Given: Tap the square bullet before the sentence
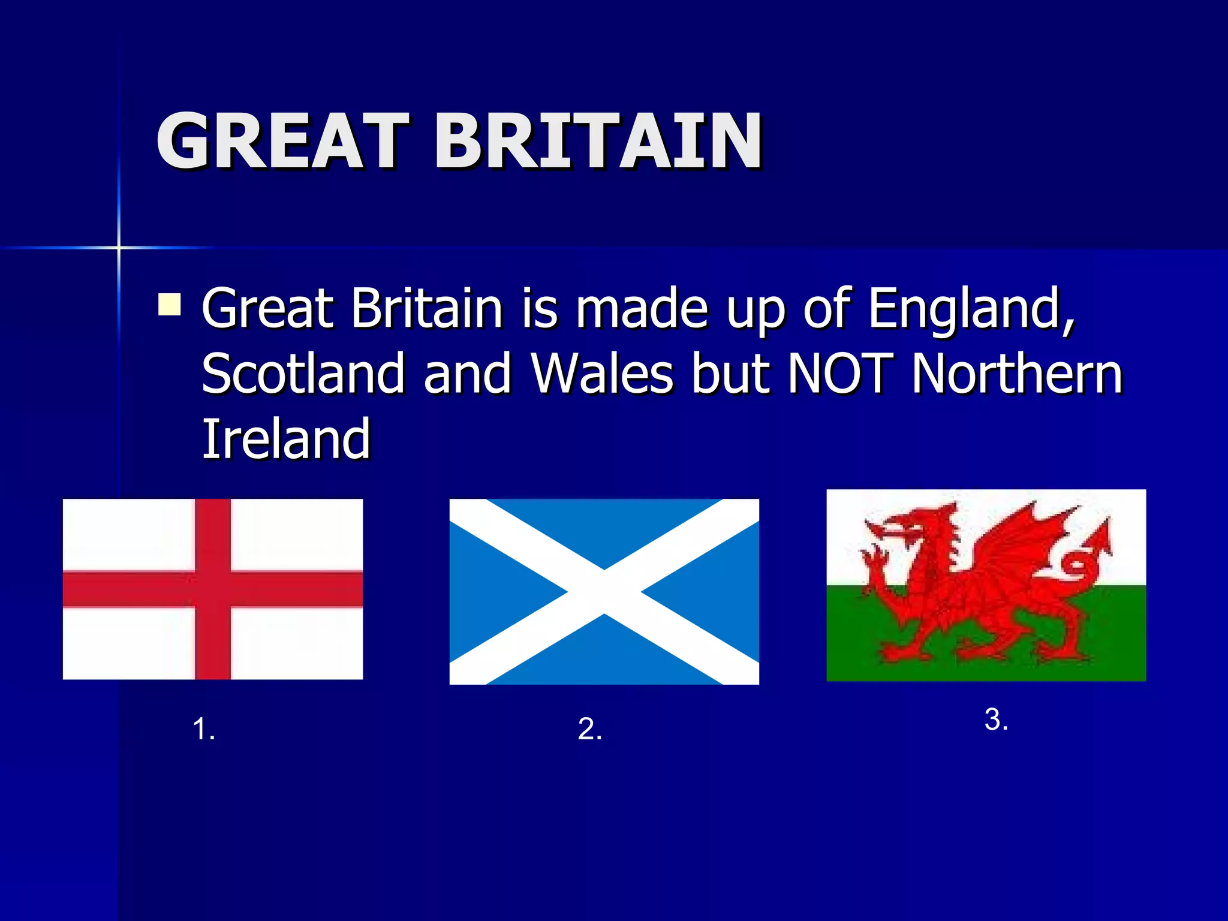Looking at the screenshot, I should click(x=170, y=304).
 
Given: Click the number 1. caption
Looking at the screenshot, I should click(x=204, y=730).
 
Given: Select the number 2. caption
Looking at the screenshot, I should click(x=589, y=730).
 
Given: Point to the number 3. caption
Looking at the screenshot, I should click(x=996, y=720).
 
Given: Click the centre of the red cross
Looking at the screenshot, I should click(x=213, y=589).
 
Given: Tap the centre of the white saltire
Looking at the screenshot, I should click(x=604, y=592).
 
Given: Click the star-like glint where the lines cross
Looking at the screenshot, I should click(x=119, y=247).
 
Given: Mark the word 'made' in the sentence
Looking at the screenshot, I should click(x=642, y=309).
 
